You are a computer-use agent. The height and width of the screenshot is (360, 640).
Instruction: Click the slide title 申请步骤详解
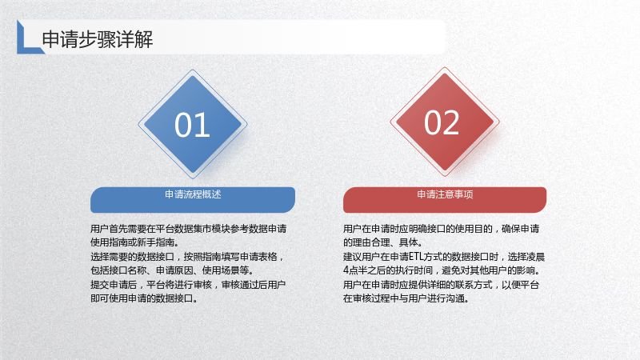(97, 39)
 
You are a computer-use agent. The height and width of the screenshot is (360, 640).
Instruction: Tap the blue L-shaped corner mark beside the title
(26, 45)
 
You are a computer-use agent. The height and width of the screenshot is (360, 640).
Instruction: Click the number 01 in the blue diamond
(192, 125)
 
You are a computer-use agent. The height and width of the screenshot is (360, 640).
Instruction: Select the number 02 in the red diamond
(442, 122)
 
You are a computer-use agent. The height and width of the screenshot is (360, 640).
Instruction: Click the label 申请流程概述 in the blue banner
(193, 194)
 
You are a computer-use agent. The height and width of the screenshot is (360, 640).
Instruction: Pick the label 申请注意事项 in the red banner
(445, 194)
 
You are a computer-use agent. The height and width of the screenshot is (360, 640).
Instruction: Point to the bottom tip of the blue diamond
(193, 178)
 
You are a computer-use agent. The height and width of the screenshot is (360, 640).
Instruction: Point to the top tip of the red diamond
(445, 67)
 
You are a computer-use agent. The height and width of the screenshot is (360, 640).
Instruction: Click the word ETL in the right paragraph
(416, 257)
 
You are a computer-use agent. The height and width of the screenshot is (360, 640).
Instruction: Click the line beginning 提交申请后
(188, 285)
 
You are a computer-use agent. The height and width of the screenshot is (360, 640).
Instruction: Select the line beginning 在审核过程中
(406, 298)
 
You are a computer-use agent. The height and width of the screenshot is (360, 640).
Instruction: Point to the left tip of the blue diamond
(138, 124)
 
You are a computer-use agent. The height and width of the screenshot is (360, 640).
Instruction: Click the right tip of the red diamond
(499, 122)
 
